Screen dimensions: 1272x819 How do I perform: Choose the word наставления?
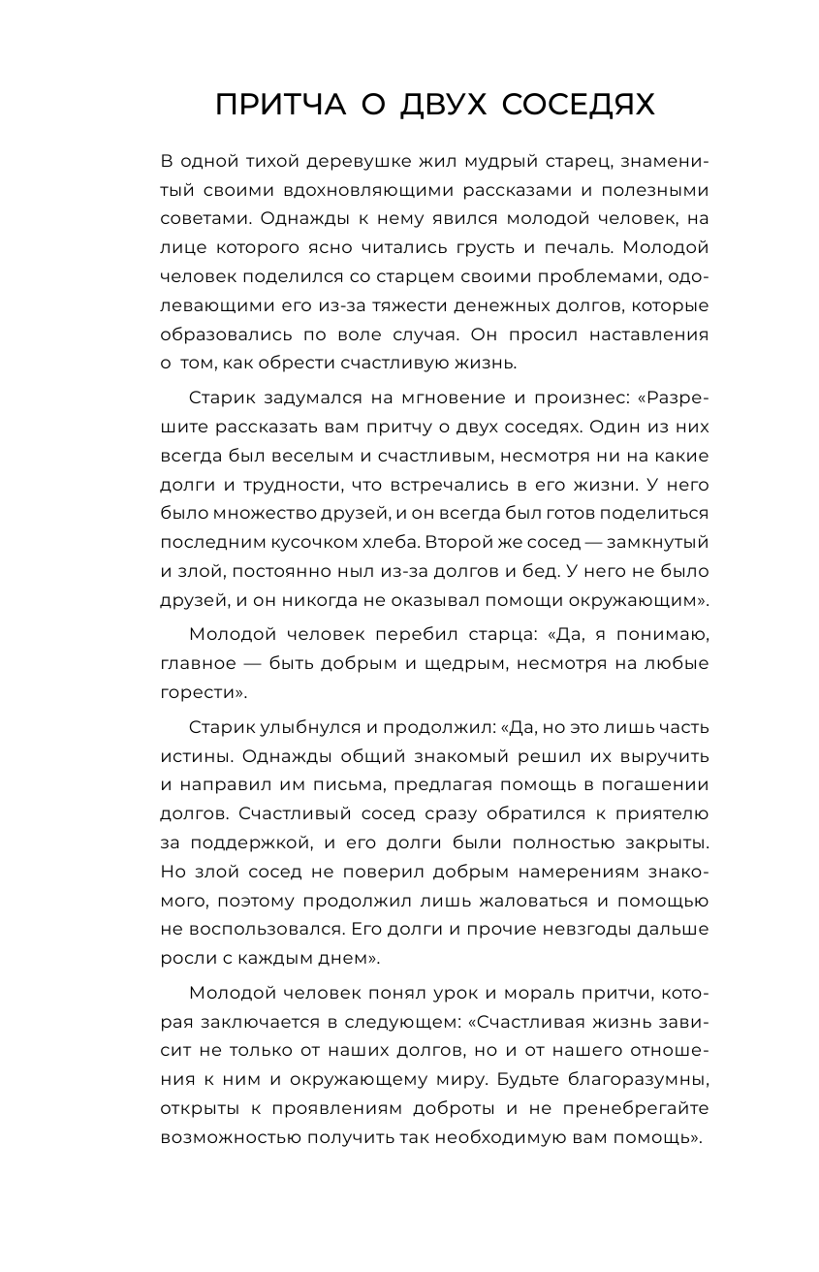point(642,334)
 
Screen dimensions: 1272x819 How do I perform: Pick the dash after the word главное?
point(257,663)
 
